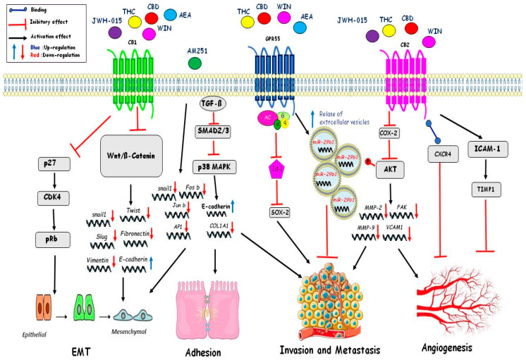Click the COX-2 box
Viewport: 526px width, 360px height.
coord(384,132)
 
